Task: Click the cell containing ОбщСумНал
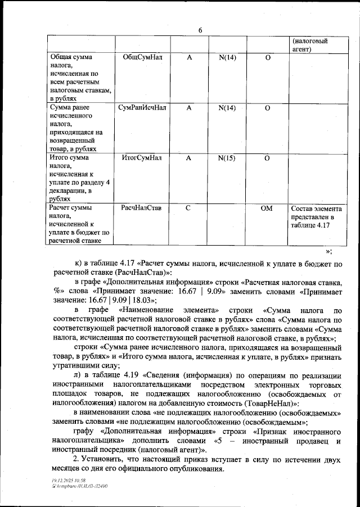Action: pos(141,57)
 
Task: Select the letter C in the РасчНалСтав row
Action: pos(188,208)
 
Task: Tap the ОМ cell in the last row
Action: pos(267,208)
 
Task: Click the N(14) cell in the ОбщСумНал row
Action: pos(226,57)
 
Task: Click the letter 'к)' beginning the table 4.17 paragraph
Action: pos(79,263)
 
